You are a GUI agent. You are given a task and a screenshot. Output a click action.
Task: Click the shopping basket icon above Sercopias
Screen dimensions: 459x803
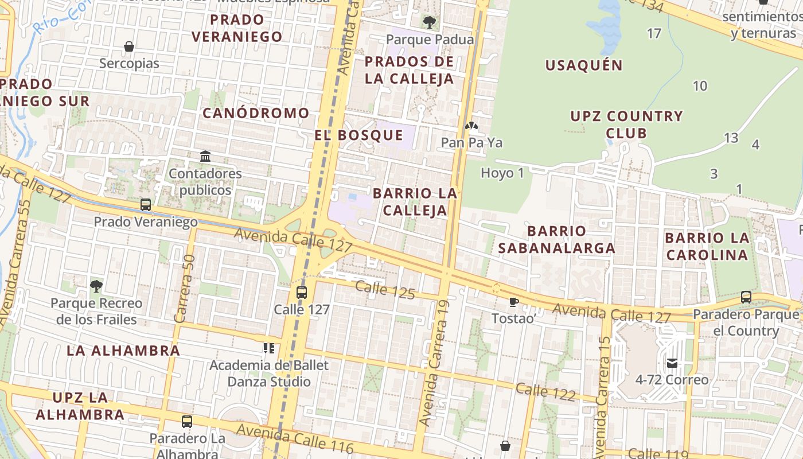click(129, 46)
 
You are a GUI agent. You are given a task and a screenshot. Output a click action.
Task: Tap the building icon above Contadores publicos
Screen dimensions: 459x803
click(205, 156)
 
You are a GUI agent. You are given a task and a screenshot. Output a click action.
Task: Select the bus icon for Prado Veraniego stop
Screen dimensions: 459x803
click(146, 205)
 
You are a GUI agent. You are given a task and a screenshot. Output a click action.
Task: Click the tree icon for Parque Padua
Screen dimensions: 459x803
click(429, 22)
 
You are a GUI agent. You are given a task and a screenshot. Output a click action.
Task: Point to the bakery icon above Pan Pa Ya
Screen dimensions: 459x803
click(471, 126)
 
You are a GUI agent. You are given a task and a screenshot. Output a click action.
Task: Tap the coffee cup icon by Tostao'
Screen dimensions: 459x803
click(513, 302)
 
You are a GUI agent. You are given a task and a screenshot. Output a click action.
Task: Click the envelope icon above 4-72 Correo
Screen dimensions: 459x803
click(672, 363)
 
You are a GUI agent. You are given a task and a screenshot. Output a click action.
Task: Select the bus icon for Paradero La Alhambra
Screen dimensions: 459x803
click(187, 422)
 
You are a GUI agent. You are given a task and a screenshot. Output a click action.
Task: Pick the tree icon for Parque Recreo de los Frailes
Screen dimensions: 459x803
click(96, 286)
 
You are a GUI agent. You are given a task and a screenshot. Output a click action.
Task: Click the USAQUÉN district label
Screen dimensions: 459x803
click(584, 65)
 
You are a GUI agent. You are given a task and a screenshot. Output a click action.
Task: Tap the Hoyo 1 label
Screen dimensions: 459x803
click(502, 173)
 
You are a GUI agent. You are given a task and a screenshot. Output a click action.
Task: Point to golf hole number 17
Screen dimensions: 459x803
click(654, 33)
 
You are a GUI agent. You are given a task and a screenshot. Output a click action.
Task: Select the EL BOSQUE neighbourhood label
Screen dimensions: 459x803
click(359, 135)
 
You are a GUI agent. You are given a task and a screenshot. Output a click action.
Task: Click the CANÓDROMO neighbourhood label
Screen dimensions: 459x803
click(256, 113)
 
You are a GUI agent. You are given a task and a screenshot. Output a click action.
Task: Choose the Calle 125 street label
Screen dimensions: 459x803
click(385, 290)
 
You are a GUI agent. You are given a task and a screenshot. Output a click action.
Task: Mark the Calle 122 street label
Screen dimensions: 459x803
click(545, 392)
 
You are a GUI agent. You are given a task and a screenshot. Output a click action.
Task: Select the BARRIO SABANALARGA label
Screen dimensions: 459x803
click(556, 239)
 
